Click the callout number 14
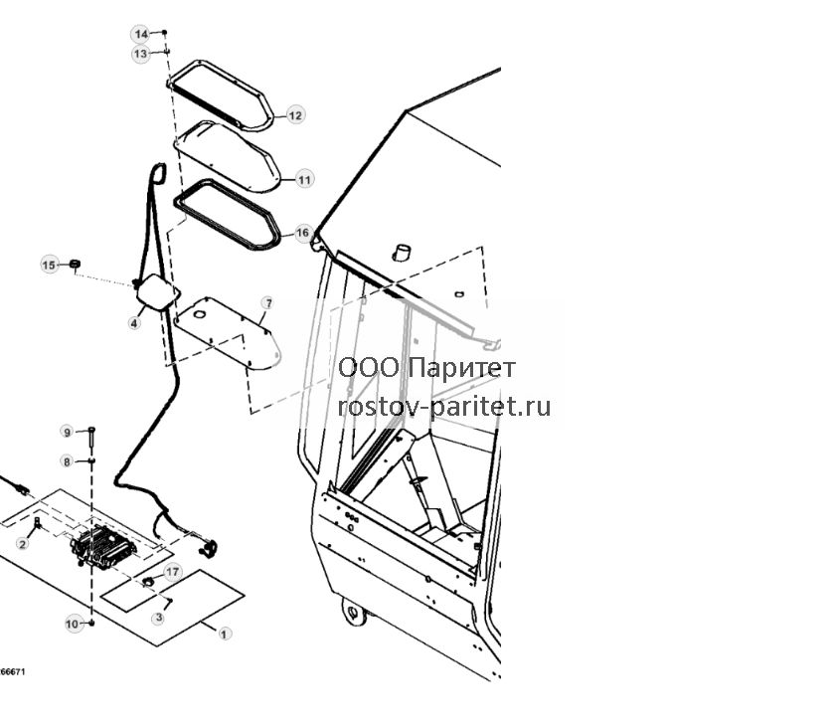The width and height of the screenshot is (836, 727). point(141,34)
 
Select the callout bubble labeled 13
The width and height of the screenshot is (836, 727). point(141,54)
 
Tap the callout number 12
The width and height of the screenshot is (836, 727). point(295,115)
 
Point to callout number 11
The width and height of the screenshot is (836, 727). point(304,179)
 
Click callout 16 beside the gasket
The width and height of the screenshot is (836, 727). point(303,233)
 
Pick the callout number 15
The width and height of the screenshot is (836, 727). point(49,266)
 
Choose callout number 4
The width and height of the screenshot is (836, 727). point(134,322)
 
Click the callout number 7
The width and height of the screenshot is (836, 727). point(268,303)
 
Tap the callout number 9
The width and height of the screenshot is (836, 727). point(67,432)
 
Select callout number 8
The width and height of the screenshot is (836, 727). point(67,461)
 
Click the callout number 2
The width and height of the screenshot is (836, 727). point(23,544)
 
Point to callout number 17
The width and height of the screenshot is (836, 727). point(173,572)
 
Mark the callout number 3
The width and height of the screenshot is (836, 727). point(158,618)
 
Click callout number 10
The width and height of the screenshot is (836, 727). point(72,624)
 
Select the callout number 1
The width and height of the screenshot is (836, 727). point(224,634)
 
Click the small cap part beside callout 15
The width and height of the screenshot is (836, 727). point(76,263)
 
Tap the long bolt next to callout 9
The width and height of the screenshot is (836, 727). point(92,438)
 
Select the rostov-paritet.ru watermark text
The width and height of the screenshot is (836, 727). point(444,407)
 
